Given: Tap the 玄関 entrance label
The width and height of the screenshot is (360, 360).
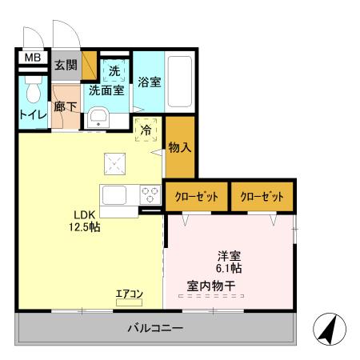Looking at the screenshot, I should [x=66, y=65].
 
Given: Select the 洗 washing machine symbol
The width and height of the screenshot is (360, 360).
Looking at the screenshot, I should [x=114, y=71].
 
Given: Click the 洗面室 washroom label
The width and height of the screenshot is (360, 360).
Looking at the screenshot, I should [x=106, y=90].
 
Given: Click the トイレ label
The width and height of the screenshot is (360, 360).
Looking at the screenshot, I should [x=33, y=115].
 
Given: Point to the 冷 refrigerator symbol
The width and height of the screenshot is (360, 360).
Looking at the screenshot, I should [x=146, y=129].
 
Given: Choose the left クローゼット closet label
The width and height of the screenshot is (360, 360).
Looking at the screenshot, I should [x=197, y=196].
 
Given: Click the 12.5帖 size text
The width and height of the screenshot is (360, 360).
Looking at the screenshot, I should [x=84, y=228].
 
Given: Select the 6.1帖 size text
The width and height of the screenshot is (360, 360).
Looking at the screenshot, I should [x=230, y=269].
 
